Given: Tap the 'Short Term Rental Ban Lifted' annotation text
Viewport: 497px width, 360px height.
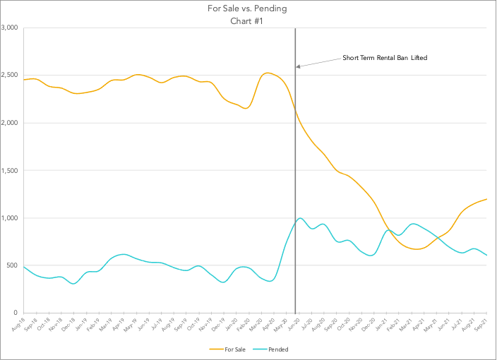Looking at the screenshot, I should (385, 57).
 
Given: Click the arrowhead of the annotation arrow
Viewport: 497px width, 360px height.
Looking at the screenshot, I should (298, 67).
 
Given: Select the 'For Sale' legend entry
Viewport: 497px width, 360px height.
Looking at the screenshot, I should (232, 349).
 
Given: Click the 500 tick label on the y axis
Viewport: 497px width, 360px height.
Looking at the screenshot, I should (12, 265).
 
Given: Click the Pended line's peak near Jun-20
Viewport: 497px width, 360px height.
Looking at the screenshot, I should (301, 218).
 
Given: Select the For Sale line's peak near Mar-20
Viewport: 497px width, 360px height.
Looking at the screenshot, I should (267, 73).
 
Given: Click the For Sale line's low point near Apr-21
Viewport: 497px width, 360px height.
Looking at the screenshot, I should (417, 249).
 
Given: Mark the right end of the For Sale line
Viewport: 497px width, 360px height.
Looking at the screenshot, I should (487, 199).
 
